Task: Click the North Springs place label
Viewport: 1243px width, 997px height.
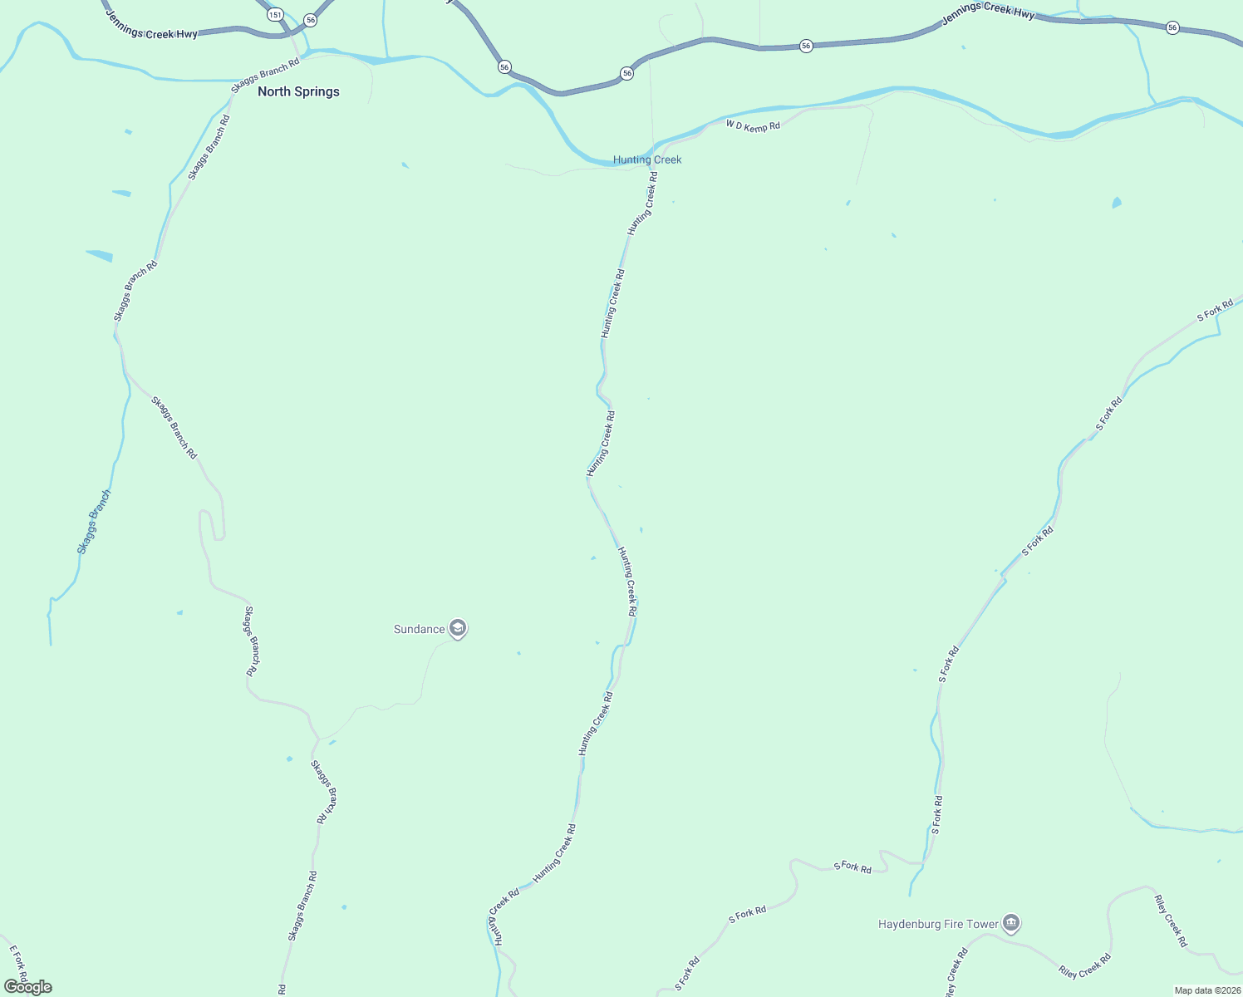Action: click(298, 91)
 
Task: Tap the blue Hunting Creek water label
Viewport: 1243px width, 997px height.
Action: click(646, 160)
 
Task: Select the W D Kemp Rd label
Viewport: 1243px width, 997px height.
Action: click(753, 126)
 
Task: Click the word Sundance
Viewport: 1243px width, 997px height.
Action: click(419, 629)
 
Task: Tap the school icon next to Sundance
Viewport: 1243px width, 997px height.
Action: click(457, 628)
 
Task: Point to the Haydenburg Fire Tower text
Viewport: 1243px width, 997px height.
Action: click(938, 924)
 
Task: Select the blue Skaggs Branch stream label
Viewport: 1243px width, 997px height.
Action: click(94, 522)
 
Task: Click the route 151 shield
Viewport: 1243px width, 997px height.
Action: click(275, 15)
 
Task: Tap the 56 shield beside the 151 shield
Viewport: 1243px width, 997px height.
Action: click(310, 19)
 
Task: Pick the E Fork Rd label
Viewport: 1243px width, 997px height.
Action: click(18, 964)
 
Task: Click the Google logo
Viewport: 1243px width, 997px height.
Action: click(28, 987)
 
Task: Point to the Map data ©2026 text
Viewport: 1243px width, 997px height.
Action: click(1206, 990)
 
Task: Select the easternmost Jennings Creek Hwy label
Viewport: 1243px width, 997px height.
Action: click(988, 12)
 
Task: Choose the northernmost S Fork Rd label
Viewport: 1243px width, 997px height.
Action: click(1215, 312)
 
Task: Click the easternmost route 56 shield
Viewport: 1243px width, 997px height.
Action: click(1172, 27)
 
